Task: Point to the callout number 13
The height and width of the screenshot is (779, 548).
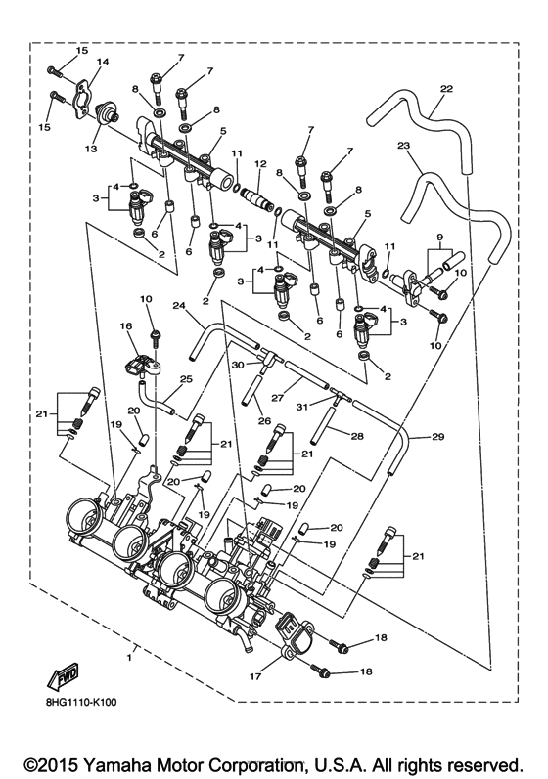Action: point(92,150)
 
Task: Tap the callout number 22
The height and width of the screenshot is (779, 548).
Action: point(446,89)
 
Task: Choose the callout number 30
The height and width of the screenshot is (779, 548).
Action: point(236,365)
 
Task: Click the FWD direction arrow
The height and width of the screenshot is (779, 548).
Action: point(64,679)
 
